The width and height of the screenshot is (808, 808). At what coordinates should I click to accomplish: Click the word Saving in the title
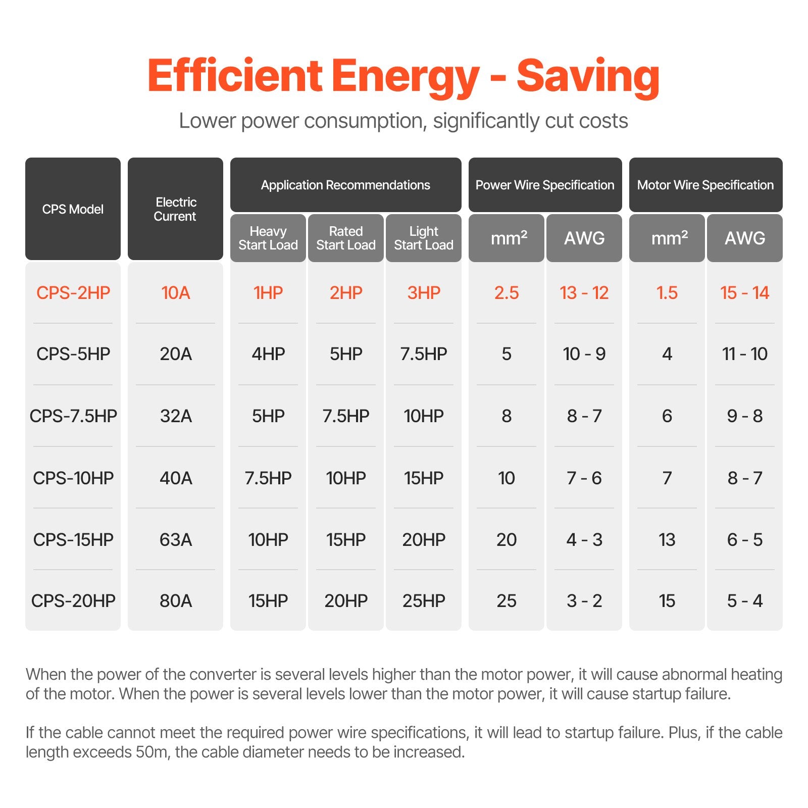(x=588, y=77)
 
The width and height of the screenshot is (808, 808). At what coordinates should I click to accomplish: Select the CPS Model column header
(x=73, y=209)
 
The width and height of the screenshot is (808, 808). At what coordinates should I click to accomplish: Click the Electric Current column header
(x=175, y=209)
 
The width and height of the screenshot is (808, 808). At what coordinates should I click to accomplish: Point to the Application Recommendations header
(x=345, y=185)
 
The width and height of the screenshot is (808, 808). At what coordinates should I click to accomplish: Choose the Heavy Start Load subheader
(x=268, y=238)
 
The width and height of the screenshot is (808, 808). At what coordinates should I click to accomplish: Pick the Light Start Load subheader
(x=424, y=238)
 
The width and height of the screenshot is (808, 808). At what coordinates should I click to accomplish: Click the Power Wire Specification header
(x=545, y=185)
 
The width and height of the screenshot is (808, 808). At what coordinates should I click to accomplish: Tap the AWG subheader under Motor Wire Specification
(x=745, y=238)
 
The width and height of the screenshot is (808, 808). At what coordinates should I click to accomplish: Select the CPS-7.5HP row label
(x=73, y=416)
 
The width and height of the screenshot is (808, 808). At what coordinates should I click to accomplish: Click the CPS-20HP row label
(x=73, y=601)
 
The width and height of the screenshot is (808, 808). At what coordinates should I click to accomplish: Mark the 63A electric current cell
(x=176, y=540)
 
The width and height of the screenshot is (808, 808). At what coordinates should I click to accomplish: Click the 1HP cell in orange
(x=268, y=293)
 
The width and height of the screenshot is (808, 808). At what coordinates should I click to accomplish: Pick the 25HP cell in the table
(x=424, y=601)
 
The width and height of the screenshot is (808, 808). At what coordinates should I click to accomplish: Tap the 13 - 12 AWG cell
(x=584, y=293)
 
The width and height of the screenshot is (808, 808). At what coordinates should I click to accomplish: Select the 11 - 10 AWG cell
(x=745, y=354)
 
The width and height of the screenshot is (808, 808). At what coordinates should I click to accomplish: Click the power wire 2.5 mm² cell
(x=507, y=293)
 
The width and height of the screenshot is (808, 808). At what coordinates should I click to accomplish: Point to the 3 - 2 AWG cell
(x=584, y=601)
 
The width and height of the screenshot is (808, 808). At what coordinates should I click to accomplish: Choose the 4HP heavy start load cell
(x=268, y=354)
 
